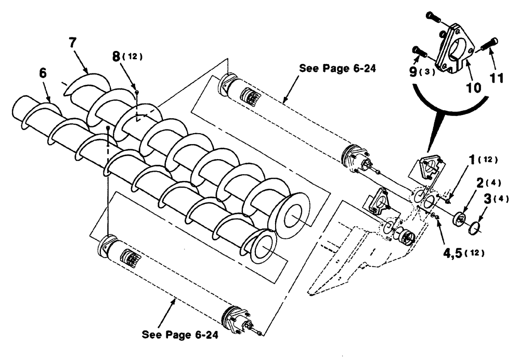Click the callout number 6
pyautogui.click(x=43, y=73)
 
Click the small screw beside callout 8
pyautogui.click(x=136, y=92)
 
